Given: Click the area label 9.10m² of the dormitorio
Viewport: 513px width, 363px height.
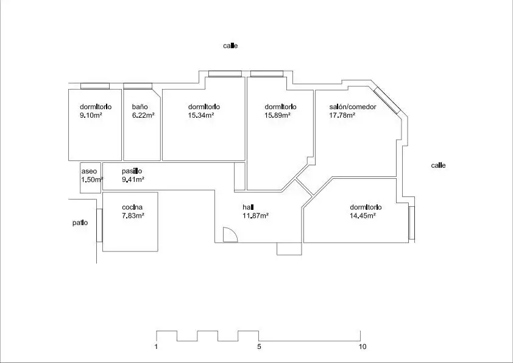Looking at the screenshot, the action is (x=91, y=115).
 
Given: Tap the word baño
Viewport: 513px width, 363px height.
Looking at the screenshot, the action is (x=140, y=107).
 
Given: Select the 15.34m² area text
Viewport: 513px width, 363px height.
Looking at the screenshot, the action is (x=201, y=115).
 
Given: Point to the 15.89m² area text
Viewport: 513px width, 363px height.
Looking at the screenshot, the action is (x=278, y=115).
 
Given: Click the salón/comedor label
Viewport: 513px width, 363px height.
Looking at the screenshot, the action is (x=353, y=107).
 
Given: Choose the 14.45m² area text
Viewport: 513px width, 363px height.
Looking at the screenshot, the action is (x=363, y=215).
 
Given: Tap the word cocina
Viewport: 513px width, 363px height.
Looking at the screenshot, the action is (x=132, y=207).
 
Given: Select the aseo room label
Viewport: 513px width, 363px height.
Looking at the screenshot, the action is (x=89, y=171).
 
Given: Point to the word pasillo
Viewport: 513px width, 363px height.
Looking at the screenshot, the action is (x=132, y=171).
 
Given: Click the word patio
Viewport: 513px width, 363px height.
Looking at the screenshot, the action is (x=80, y=223).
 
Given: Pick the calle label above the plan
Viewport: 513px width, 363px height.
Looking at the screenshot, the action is (x=230, y=46).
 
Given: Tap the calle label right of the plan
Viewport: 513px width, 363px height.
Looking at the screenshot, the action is (x=439, y=165).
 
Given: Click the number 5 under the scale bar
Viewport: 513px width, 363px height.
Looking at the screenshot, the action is (x=259, y=347).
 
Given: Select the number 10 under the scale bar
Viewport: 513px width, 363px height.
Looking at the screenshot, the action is (x=363, y=347).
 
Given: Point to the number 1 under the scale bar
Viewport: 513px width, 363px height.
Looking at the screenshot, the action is (x=156, y=347).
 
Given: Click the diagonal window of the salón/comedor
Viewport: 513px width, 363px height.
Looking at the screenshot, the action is (x=387, y=101).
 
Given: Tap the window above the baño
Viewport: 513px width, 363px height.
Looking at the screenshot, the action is (x=138, y=86).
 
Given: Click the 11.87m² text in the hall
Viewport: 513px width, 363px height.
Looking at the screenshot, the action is (x=255, y=215).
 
